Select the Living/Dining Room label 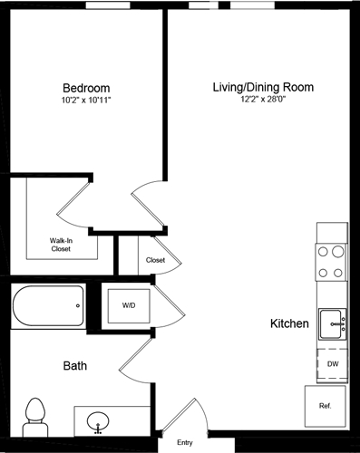click(x=263, y=87)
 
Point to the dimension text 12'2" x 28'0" click(x=263, y=100)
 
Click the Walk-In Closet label click(x=61, y=244)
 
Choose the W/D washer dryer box click(x=129, y=305)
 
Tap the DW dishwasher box click(x=332, y=362)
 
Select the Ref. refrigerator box click(x=325, y=406)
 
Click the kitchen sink click(x=333, y=323)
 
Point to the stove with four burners click(x=331, y=262)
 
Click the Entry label click(x=185, y=443)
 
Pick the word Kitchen click(x=289, y=323)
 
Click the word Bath click(x=74, y=367)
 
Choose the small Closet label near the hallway click(x=155, y=260)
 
